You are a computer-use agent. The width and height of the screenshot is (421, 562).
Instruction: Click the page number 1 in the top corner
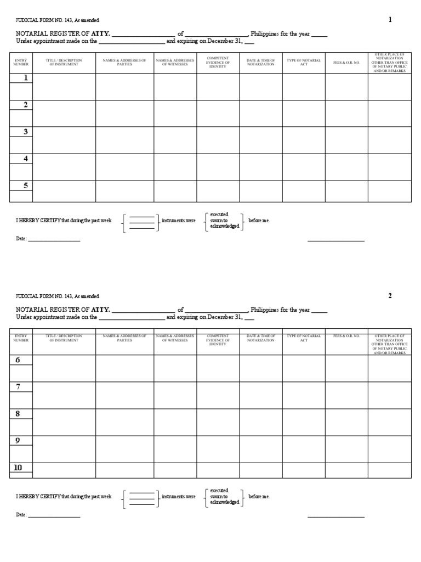(x=390, y=20)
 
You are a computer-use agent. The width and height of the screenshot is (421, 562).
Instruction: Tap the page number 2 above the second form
(x=390, y=296)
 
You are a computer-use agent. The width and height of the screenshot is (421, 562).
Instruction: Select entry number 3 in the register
(x=25, y=132)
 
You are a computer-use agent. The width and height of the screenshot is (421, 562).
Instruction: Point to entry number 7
(x=18, y=387)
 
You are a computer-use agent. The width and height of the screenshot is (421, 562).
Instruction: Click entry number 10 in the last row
(x=18, y=468)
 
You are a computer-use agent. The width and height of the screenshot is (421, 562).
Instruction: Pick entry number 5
(x=25, y=186)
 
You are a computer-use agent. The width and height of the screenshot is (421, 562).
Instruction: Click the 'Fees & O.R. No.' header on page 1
(x=346, y=63)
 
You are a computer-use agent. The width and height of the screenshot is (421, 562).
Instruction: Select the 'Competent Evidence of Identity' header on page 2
(x=218, y=340)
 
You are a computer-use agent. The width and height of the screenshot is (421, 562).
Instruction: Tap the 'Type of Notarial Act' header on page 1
(x=304, y=63)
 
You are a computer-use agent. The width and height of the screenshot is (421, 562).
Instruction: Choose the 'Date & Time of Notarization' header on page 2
(x=261, y=338)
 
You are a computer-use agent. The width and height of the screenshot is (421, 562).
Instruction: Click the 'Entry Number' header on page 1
(x=21, y=63)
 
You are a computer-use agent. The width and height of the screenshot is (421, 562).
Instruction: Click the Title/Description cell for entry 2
(x=64, y=113)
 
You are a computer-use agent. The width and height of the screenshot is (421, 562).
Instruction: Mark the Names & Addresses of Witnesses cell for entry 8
(x=175, y=422)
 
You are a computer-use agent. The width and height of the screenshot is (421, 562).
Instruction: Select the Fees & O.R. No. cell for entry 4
(x=346, y=167)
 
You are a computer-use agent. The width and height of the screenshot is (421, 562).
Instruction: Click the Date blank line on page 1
(x=54, y=240)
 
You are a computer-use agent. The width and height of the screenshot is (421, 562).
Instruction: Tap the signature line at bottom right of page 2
(x=335, y=515)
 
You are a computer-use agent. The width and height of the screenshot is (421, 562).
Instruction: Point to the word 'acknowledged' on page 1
(x=224, y=226)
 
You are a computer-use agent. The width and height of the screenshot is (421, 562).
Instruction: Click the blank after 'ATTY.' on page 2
(x=143, y=311)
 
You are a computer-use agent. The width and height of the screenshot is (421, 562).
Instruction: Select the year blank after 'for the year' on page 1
(x=319, y=35)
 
